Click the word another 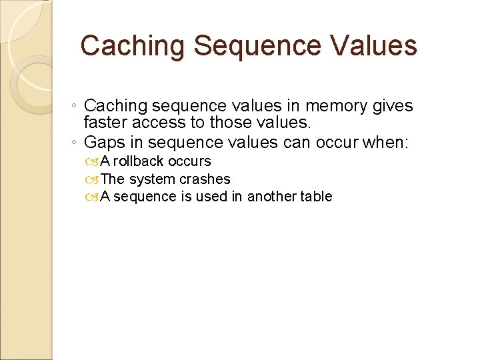273,197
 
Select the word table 316,197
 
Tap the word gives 395,106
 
